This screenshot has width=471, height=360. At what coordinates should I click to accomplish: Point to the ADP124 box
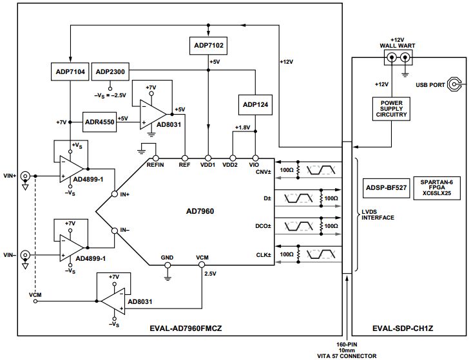(256, 105)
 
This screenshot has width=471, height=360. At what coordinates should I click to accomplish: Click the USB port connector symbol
(456, 84)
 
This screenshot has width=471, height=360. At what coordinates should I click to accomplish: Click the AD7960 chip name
(200, 211)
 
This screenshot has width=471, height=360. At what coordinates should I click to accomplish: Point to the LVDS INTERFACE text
(378, 213)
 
